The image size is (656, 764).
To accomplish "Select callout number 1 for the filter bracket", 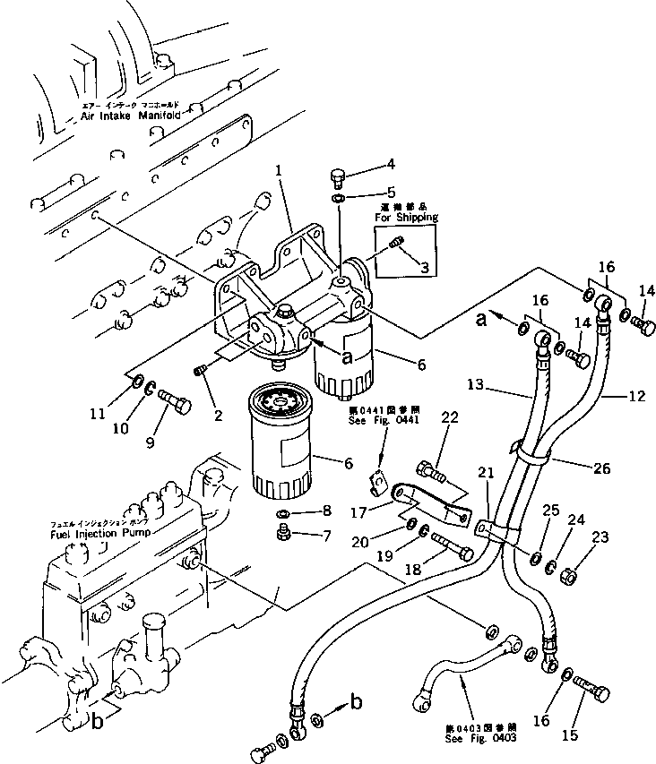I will pyautogui.click(x=280, y=169).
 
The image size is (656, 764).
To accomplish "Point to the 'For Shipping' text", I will pyautogui.click(x=406, y=218).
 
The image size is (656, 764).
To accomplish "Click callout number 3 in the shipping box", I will pyautogui.click(x=425, y=267).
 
